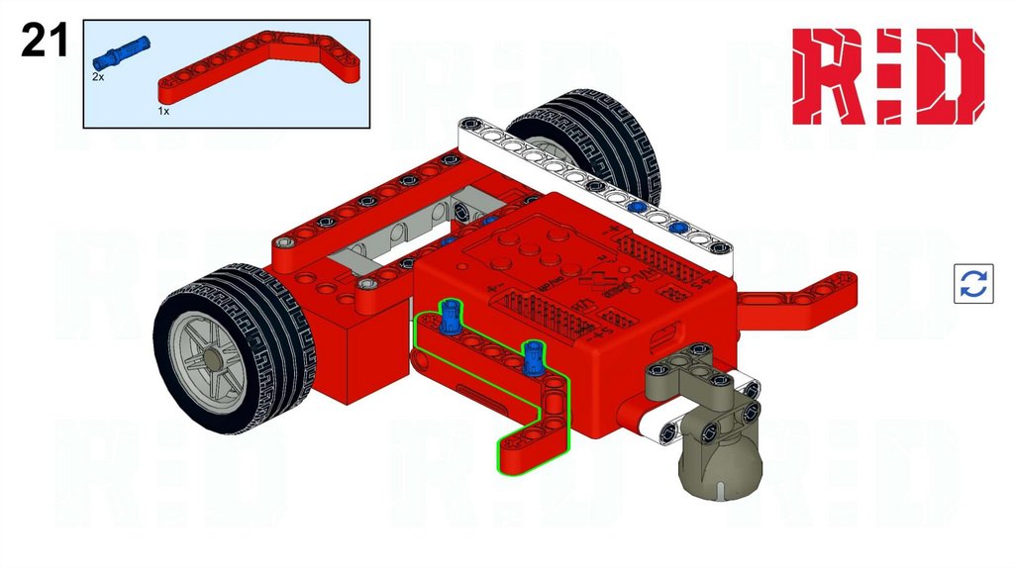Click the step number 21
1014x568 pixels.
tap(44, 40)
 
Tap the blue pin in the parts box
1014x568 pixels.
tap(121, 53)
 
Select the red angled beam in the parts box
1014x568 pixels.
tap(259, 66)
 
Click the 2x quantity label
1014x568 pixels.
tap(98, 77)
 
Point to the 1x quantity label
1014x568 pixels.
tap(163, 111)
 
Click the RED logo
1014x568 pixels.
tap(888, 76)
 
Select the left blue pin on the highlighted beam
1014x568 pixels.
tap(451, 317)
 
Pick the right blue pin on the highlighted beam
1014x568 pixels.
tap(533, 356)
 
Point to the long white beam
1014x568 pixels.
tap(594, 185)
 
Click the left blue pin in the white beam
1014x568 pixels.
tap(637, 208)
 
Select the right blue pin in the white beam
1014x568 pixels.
tap(677, 228)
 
